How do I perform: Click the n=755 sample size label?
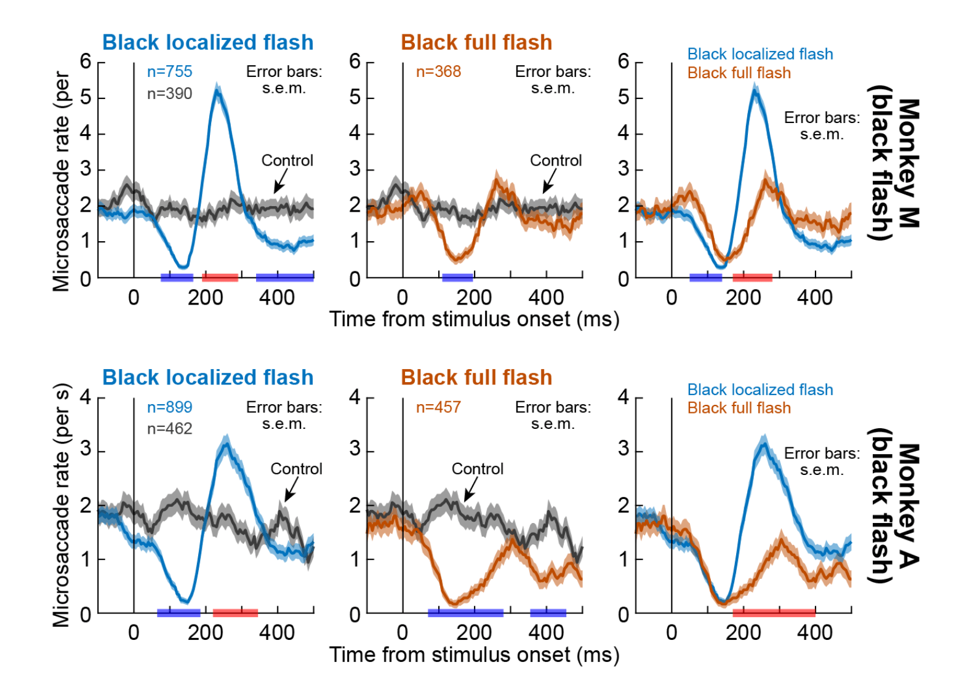point(169,72)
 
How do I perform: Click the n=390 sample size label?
point(169,94)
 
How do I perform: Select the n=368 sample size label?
point(438,72)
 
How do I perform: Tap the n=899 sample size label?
point(169,407)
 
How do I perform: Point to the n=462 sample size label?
point(169,429)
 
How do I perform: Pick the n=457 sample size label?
point(438,407)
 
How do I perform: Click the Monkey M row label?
point(894,163)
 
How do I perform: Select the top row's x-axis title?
point(474,319)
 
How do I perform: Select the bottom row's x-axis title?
point(474,655)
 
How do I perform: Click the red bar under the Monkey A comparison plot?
point(774,612)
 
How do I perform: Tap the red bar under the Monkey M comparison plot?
point(752,277)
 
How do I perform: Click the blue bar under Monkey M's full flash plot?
point(457,277)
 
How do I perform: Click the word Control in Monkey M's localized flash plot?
point(287,161)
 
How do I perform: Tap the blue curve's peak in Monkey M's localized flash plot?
point(217,90)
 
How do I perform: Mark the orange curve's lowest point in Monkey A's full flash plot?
point(453,604)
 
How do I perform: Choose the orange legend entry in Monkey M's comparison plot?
point(739,73)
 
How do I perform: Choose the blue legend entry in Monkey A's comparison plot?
point(760,390)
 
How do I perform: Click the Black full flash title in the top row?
point(476,42)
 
